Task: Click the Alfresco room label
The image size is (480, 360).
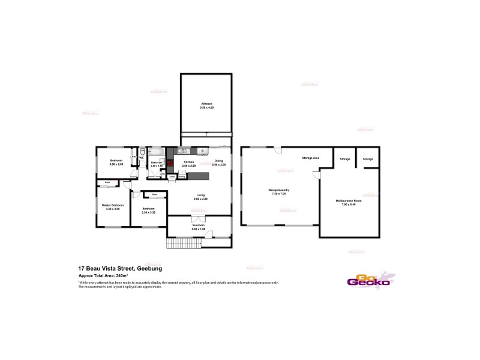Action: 206,104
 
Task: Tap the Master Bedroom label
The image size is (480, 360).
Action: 113,206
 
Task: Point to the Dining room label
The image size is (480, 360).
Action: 219,161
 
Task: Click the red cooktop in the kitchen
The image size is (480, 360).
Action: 170,162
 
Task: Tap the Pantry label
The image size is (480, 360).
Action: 181,176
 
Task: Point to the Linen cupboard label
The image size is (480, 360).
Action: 172,176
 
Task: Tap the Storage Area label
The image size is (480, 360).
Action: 310,158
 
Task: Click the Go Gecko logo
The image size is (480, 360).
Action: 369,280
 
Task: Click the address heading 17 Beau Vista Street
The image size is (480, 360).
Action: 120,268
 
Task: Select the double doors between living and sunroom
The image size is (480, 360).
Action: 199,217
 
